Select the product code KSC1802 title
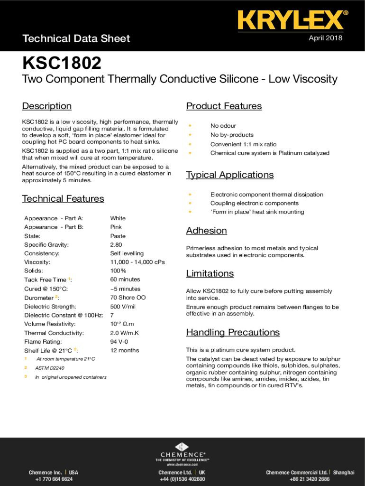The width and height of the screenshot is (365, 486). click(62, 63)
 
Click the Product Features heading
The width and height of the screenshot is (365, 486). click(224, 106)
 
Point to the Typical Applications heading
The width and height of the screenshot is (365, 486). click(230, 175)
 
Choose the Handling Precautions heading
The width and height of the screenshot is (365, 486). click(233, 332)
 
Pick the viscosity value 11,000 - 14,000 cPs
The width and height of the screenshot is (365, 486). click(137, 262)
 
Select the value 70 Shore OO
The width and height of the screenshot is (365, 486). click(128, 298)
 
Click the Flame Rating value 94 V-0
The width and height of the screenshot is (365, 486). click(119, 342)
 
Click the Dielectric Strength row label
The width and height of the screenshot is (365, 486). click(50, 307)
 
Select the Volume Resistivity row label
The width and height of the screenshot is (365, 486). click(50, 324)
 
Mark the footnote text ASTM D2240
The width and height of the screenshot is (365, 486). click(50, 368)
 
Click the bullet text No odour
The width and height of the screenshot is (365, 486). click(223, 126)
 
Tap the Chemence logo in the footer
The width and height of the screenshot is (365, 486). click(182, 451)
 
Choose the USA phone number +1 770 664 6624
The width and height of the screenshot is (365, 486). click(54, 479)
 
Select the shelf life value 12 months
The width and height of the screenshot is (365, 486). click(125, 350)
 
